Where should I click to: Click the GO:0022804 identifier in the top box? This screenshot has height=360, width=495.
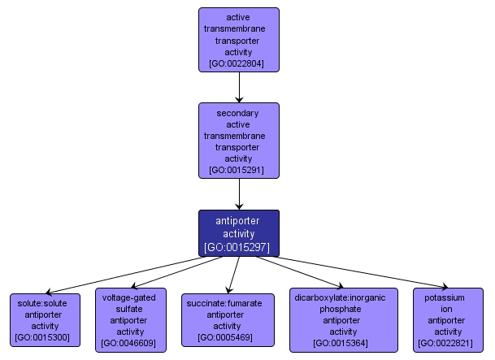point(239,63)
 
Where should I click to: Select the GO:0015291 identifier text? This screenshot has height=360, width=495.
point(239,171)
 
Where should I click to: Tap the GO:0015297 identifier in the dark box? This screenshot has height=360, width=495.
point(239,246)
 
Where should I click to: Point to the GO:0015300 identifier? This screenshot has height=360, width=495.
point(45,336)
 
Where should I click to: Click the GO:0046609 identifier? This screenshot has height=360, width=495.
point(131,343)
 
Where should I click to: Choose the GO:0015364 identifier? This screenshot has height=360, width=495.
point(344,343)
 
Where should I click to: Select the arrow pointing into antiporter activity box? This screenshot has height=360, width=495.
point(239,193)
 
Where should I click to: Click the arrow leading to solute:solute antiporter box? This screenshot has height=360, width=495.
point(122,275)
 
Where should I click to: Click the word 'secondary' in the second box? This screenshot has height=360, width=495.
point(239,114)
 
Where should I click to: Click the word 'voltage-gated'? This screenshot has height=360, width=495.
point(131,297)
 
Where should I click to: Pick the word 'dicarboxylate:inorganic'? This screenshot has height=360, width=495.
point(344,297)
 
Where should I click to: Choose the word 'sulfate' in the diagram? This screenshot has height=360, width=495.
point(131,309)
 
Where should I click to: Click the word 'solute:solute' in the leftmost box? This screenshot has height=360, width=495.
point(45,302)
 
